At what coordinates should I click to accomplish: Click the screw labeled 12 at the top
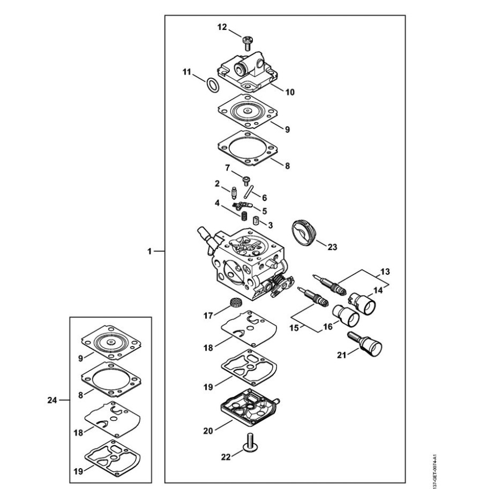pos(248,43)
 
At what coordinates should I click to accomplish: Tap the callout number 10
pos(290,92)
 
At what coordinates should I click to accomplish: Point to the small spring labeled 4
pos(244,215)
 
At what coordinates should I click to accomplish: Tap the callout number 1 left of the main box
pos(149,251)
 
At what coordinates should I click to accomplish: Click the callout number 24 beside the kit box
pos(52,400)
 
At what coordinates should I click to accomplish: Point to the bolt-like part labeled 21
pos(364,344)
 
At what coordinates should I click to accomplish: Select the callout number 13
pos(385,272)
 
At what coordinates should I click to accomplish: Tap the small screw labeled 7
pos(246,180)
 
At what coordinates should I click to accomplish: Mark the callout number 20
pos(208,431)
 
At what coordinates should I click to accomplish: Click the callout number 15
pos(294,328)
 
